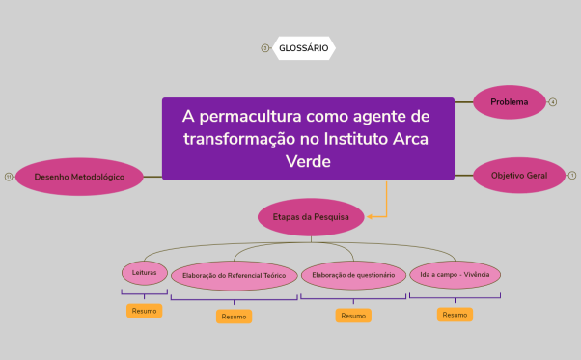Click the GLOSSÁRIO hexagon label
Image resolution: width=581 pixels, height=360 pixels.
303,47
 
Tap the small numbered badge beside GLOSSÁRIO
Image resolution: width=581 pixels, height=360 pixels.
265,47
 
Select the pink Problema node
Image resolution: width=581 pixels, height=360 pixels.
509,101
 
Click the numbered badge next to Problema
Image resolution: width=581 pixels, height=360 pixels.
553,101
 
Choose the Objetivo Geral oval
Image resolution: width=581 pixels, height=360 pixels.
518,175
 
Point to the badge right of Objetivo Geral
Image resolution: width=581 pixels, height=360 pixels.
571,175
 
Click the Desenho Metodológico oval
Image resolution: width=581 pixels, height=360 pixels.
79,177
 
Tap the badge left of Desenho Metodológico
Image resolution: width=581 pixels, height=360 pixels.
9,177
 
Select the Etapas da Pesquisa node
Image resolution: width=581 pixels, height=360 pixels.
311,217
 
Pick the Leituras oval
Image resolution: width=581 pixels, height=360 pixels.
144,272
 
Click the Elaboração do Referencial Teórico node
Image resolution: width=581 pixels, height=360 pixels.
235,275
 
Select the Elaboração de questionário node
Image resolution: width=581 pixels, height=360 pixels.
353,275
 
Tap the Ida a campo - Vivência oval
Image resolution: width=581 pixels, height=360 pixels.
455,274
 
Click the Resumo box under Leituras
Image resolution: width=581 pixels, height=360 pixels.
144,311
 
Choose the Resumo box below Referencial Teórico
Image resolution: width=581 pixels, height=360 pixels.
234,317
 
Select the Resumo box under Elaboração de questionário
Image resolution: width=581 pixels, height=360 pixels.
353,316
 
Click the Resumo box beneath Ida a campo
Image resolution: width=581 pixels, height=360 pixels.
455,314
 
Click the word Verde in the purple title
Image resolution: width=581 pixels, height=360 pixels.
308,160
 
